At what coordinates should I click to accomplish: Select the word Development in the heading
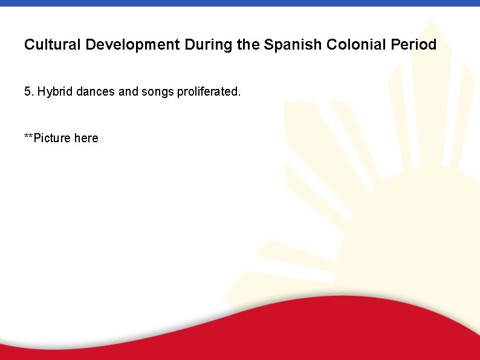point(132,45)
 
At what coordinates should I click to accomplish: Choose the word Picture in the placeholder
point(53,138)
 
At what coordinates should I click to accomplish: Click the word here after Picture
point(86,138)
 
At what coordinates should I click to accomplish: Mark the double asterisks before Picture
point(29,137)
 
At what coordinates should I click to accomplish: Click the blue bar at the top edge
point(240,3)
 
